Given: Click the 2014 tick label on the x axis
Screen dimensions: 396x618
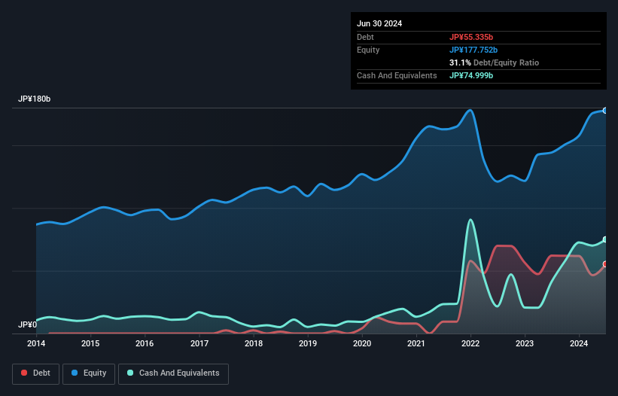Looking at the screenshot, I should tap(36, 343).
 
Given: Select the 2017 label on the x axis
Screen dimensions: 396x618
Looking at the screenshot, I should tap(199, 343).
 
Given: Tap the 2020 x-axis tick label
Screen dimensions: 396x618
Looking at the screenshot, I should tap(362, 343).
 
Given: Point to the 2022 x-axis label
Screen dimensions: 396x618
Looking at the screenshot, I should tap(470, 343).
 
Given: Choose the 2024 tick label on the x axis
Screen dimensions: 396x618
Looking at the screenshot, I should tap(579, 343).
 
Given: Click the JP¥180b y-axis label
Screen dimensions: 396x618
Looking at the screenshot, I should tap(35, 99).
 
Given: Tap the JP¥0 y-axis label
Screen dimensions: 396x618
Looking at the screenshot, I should tap(27, 325).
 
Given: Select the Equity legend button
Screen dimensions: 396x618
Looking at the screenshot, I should tap(89, 373).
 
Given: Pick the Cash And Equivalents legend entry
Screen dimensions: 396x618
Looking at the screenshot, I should tap(172, 373).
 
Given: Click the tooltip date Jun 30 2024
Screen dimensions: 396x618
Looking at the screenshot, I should tap(379, 23).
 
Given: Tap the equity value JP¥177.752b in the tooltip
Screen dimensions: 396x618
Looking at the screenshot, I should tap(476, 50).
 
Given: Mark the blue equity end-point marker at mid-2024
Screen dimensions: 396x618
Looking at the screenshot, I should tap(605, 111).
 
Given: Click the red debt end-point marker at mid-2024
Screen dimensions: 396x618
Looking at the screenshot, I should tap(605, 264).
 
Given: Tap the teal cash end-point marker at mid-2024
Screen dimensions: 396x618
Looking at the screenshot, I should tap(605, 239).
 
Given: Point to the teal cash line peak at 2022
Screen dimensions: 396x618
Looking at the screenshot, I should tap(470, 220).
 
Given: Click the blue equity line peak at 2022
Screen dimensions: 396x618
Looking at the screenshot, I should tap(470, 110).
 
